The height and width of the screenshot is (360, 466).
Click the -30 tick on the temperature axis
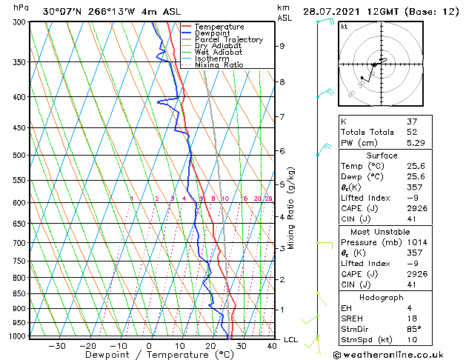[x=56, y=346]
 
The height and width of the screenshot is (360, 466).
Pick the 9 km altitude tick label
[x=282, y=46]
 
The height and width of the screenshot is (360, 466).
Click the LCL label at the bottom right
[x=291, y=339]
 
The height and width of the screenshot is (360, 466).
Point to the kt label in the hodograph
[x=344, y=26]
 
